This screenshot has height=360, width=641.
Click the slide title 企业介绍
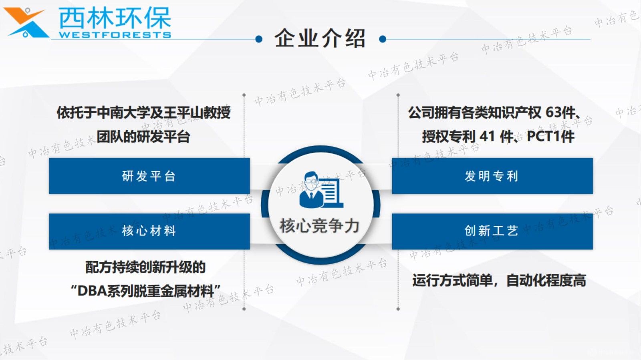click(320, 39)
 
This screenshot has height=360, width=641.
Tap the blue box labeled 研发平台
click(149, 176)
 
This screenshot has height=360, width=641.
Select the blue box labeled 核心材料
click(149, 231)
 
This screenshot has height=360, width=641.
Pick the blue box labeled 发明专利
click(492, 176)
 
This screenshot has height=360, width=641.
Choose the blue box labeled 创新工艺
click(492, 231)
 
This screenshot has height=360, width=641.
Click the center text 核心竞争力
click(320, 226)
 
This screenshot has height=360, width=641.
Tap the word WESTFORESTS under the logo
click(115, 35)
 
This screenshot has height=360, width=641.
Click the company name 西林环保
click(115, 17)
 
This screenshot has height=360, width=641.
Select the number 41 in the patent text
click(487, 137)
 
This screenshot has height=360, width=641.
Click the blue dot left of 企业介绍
click(259, 39)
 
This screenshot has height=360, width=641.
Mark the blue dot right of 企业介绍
click(383, 39)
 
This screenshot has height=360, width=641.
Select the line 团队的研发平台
click(143, 137)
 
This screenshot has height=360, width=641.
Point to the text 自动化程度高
click(546, 280)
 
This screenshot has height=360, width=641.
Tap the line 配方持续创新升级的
click(145, 267)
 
